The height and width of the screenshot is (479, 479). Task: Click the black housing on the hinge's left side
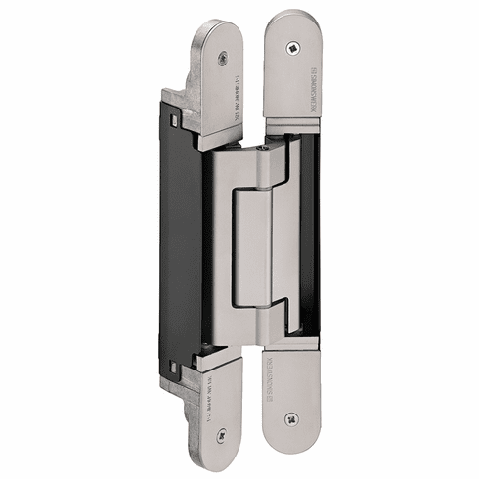coord(181,244)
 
